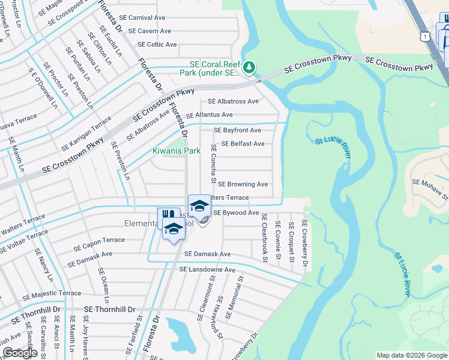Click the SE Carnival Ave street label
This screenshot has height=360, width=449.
click(x=142, y=18)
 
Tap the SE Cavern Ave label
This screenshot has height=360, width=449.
click(x=145, y=31)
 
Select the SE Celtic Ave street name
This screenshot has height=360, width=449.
click(x=157, y=44)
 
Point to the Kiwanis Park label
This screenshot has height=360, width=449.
click(x=176, y=151)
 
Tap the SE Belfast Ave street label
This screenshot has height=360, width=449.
click(x=243, y=144)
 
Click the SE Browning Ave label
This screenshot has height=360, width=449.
click(x=243, y=184)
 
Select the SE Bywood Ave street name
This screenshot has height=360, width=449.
click(x=236, y=212)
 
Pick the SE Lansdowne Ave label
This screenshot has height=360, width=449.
click(x=207, y=270)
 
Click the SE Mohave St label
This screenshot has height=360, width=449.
click(x=430, y=187)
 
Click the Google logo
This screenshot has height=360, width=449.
click(x=20, y=353)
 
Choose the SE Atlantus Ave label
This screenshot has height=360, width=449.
click(x=209, y=115)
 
